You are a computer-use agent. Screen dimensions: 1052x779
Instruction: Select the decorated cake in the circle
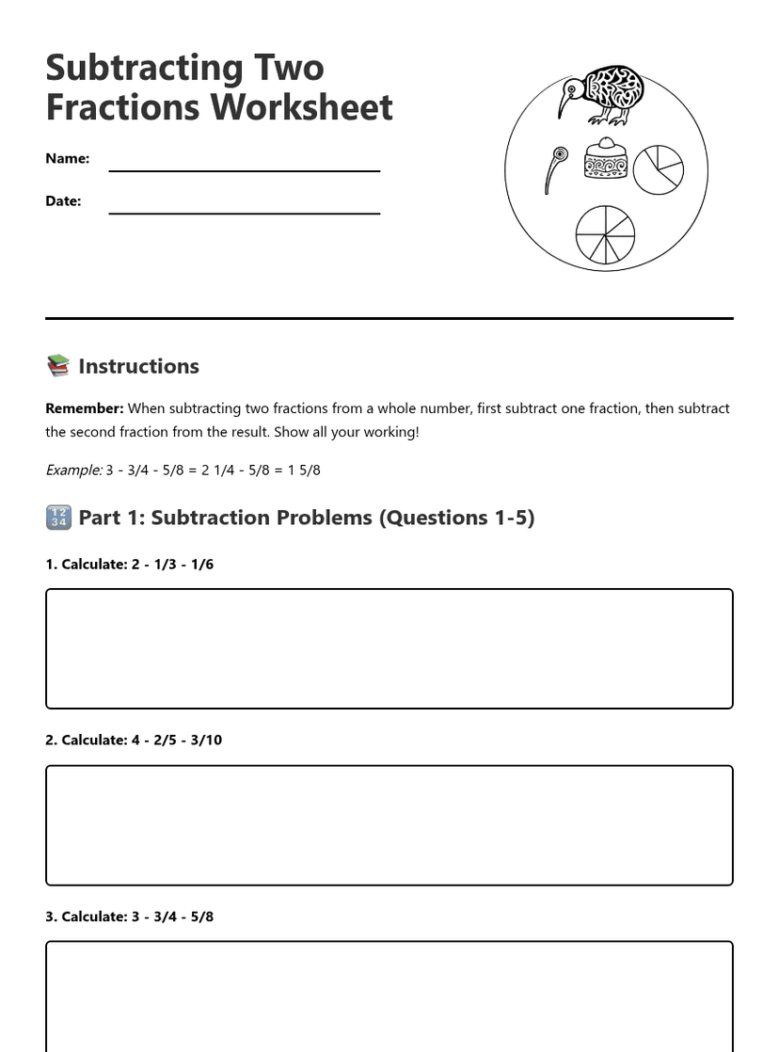point(605,159)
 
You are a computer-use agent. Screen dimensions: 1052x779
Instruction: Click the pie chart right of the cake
point(658,169)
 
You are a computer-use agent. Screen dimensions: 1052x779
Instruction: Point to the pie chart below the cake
point(605,234)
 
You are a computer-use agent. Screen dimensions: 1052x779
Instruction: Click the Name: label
point(68,158)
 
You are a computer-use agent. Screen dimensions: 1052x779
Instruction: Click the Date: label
point(63,200)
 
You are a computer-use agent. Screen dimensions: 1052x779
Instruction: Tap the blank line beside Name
point(245,169)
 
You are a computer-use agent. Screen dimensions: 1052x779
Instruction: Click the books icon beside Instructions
point(58,366)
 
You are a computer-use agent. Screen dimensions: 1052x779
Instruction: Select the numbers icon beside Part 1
point(58,518)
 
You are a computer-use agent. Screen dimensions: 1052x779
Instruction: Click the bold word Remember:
point(85,408)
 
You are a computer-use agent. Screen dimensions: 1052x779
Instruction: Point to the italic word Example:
point(73,470)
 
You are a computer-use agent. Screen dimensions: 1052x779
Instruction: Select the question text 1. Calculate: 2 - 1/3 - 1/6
point(130,565)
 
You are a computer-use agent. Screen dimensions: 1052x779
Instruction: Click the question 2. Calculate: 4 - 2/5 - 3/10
point(134,741)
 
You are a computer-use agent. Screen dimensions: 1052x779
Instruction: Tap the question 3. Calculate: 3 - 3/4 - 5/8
point(130,917)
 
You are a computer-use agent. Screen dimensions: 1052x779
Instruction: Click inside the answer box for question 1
point(389,649)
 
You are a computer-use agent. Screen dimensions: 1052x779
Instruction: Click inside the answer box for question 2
point(389,825)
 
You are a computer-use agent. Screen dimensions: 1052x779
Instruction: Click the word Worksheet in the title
point(303,107)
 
